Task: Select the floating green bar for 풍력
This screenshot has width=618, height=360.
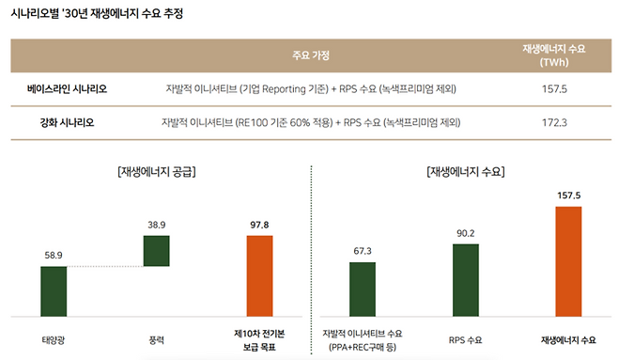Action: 156,250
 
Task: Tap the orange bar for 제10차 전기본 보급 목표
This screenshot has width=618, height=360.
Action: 259,274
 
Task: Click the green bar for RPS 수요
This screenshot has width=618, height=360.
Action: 465,279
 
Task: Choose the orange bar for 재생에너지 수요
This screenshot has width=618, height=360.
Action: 568,259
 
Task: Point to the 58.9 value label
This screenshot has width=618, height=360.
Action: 54,255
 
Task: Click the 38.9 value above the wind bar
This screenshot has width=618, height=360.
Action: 156,225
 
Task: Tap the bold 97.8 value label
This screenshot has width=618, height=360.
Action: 259,225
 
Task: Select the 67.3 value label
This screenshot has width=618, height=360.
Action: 363,251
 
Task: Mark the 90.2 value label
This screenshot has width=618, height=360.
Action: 465,233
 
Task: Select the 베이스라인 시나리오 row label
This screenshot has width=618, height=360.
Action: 68,89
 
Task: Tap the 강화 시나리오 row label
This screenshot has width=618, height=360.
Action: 68,123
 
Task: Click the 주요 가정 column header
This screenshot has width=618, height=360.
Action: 311,55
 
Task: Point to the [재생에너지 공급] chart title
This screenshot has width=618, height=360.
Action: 157,172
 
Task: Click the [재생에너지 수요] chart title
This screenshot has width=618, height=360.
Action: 465,172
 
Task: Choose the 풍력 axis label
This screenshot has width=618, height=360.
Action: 156,337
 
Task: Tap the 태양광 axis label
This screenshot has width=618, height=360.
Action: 54,337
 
